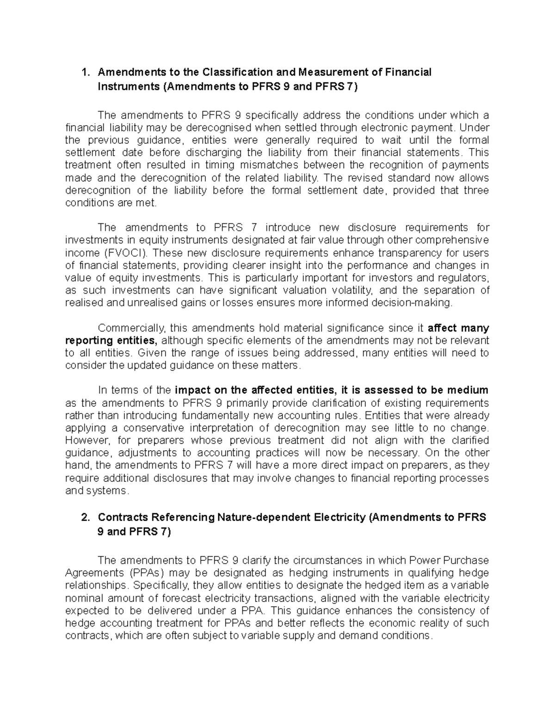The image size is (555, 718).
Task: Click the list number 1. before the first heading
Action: (85, 72)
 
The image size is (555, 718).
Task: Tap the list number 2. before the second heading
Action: (85, 517)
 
